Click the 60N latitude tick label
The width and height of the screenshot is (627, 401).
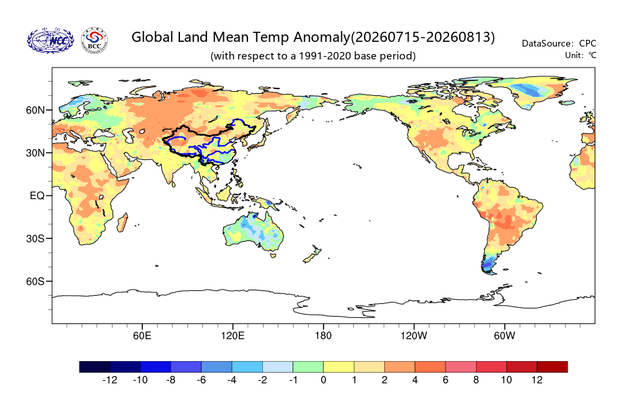click(x=36, y=110)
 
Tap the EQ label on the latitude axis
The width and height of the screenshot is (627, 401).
click(x=37, y=196)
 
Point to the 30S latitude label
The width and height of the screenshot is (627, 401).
click(x=36, y=239)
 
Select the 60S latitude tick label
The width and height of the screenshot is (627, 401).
click(x=36, y=282)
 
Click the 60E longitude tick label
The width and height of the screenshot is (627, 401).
click(x=142, y=336)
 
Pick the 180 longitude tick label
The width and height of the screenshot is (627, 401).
click(x=323, y=336)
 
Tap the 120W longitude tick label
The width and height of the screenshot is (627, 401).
click(x=414, y=336)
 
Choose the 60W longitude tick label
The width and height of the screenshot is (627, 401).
click(x=505, y=336)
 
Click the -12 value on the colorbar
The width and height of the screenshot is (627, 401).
click(x=110, y=380)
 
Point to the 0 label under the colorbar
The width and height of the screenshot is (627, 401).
click(x=324, y=380)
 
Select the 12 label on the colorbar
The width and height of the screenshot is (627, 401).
click(x=537, y=380)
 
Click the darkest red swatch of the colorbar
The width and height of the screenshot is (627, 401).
click(x=552, y=367)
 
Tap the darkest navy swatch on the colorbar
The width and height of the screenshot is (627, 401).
click(x=95, y=367)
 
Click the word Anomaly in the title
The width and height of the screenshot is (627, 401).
click(x=322, y=37)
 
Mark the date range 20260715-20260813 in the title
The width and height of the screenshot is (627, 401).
click(x=423, y=37)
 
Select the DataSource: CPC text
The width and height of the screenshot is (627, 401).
click(x=559, y=43)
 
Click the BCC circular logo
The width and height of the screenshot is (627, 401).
click(x=95, y=41)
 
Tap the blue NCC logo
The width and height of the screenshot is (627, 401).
click(x=51, y=41)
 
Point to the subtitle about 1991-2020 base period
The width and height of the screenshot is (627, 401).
click(x=313, y=55)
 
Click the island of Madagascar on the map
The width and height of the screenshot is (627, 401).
click(x=123, y=222)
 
